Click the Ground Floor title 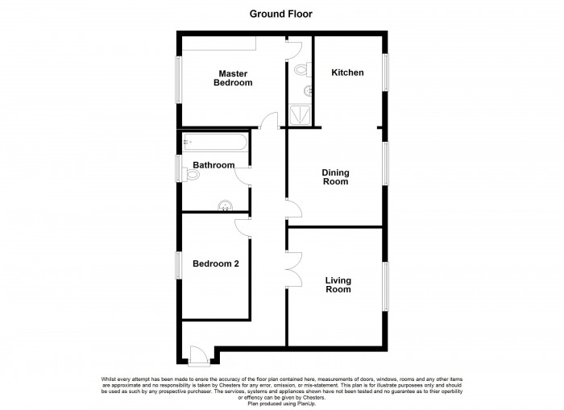pyautogui.click(x=282, y=14)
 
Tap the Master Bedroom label pyautogui.click(x=233, y=78)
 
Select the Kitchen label pyautogui.click(x=347, y=72)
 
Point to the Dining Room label pyautogui.click(x=335, y=176)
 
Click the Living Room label pyautogui.click(x=338, y=284)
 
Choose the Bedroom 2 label pyautogui.click(x=215, y=263)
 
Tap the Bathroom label pyautogui.click(x=214, y=165)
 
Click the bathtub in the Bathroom pyautogui.click(x=214, y=143)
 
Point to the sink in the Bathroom pyautogui.click(x=225, y=205)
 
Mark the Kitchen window pyautogui.click(x=385, y=72)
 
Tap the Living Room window pyautogui.click(x=385, y=286)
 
